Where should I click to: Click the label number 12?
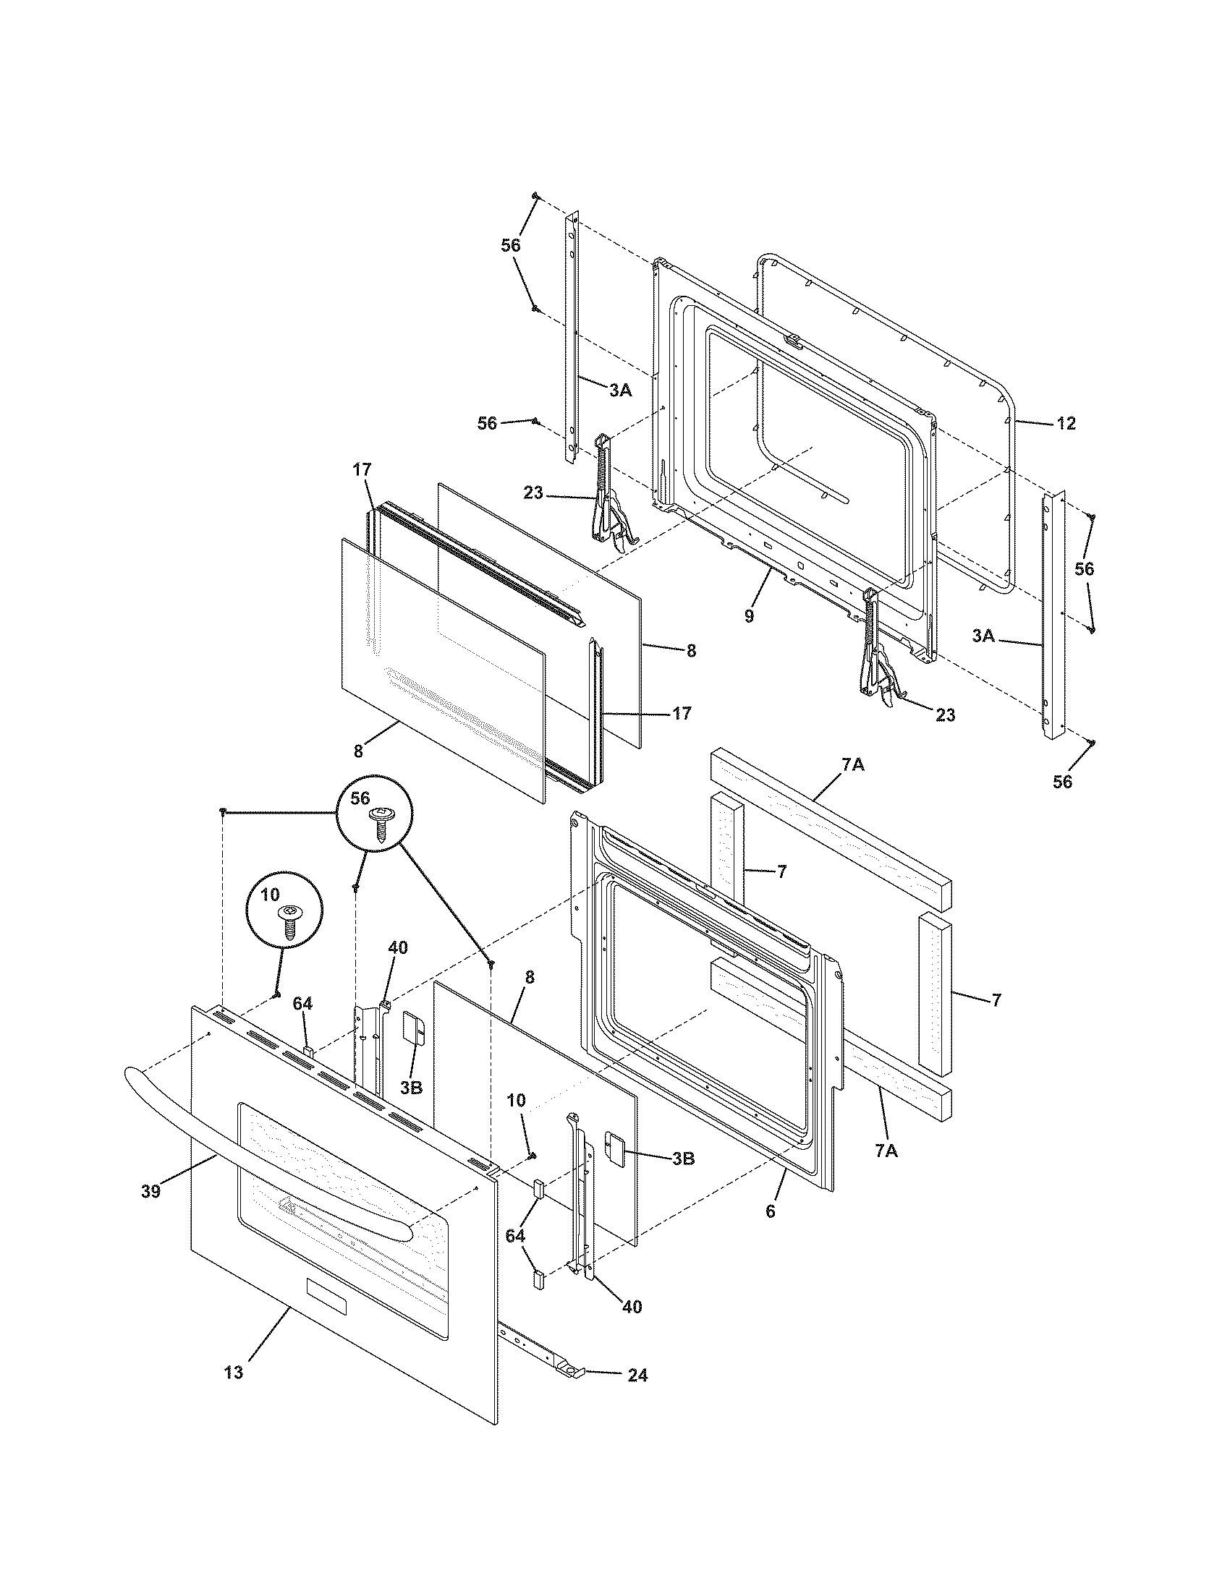point(1065,423)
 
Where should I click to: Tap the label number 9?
point(749,615)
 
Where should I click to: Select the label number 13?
point(233,1373)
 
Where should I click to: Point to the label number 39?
point(150,1191)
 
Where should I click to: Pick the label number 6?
point(771,1211)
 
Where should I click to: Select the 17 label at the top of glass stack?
point(362,471)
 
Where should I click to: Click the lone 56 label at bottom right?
point(1062,782)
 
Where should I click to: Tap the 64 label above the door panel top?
point(302,1004)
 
